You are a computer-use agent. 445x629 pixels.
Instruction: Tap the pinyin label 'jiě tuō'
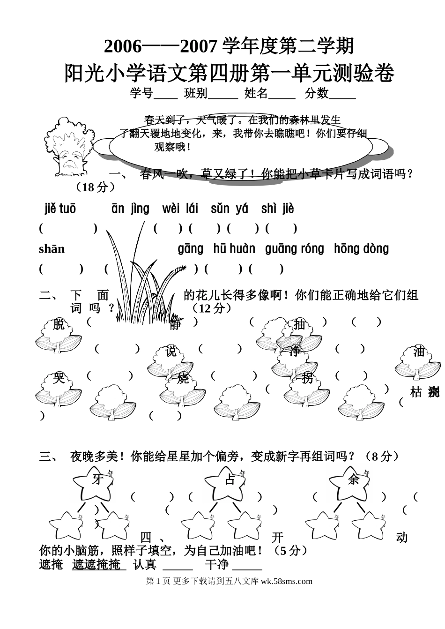(x=60, y=209)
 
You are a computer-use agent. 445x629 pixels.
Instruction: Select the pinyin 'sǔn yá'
(x=229, y=209)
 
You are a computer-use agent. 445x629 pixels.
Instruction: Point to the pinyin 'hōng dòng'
(x=361, y=249)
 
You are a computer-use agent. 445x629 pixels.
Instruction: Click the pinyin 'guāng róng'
(x=294, y=249)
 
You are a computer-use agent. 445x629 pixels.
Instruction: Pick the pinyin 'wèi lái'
(x=180, y=209)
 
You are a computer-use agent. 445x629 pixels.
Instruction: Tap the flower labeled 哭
(x=59, y=387)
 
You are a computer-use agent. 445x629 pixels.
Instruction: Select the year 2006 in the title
(x=122, y=46)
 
